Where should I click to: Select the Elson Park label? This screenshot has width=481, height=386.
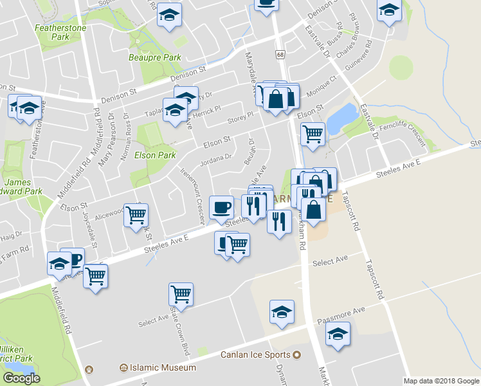click(155, 155)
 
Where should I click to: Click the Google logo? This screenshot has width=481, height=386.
click(21, 378)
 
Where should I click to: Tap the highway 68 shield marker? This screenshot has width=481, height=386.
click(280, 55)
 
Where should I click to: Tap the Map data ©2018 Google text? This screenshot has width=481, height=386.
click(441, 381)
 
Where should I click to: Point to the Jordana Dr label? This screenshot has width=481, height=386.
click(215, 157)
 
